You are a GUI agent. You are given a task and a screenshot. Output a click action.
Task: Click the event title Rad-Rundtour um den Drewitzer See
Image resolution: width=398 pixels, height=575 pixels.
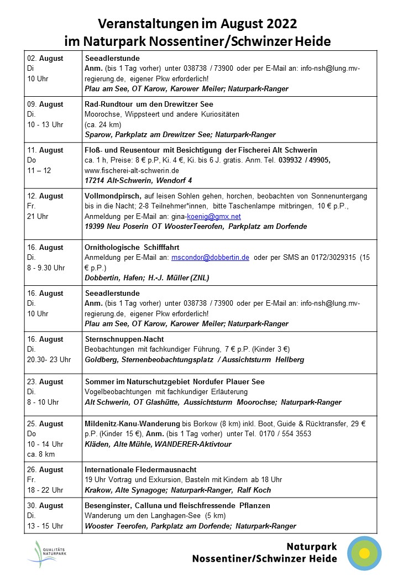(x=149, y=104)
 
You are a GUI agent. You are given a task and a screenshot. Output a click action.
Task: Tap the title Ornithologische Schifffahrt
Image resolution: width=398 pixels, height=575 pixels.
(x=132, y=247)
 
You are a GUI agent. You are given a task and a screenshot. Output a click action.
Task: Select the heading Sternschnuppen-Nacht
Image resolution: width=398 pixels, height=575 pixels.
(x=124, y=339)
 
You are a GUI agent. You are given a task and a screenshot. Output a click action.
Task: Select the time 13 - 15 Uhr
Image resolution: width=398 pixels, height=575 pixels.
(x=45, y=526)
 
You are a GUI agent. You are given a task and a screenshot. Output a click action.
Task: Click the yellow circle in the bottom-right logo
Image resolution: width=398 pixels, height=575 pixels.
(x=364, y=553)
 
